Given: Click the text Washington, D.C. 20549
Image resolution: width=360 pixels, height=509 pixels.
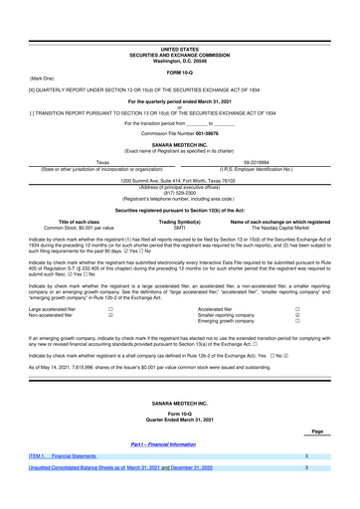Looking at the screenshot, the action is coord(179,24).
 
